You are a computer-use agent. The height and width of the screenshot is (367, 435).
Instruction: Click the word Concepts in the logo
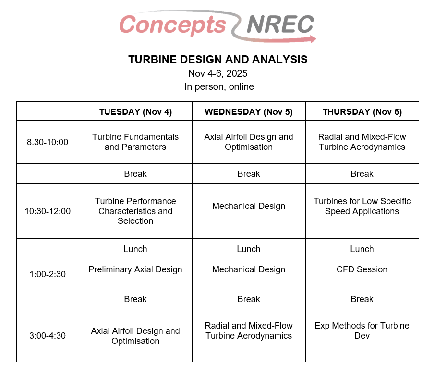(172, 24)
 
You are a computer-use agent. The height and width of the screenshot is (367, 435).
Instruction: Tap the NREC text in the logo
(280, 24)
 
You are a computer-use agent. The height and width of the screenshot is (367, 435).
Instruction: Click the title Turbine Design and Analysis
(218, 60)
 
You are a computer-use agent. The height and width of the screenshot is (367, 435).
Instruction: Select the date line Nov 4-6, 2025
(218, 73)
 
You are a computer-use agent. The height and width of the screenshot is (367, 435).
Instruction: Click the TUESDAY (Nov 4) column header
(135, 112)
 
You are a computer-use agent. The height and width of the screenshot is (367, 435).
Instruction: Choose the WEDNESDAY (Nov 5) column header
(249, 112)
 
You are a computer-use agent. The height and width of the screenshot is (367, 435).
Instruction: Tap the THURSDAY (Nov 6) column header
(362, 112)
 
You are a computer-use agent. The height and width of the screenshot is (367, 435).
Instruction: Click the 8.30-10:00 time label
(48, 142)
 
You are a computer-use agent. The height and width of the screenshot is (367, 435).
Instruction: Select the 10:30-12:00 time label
(48, 211)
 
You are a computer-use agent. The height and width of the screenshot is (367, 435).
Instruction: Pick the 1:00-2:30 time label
(48, 274)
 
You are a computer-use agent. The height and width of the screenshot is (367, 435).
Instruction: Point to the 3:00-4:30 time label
(48, 336)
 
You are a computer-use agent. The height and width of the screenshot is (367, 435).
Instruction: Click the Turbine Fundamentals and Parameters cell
(135, 142)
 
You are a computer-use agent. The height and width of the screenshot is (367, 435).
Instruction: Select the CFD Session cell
(362, 269)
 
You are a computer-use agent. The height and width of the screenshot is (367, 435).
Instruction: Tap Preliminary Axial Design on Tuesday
(135, 269)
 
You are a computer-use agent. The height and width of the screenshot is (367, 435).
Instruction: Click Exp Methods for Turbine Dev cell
(362, 330)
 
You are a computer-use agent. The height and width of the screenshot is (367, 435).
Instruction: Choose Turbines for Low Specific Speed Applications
(362, 206)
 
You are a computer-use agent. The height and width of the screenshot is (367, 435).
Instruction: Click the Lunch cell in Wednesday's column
(249, 249)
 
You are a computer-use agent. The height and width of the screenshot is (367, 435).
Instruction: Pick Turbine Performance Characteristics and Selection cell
(135, 211)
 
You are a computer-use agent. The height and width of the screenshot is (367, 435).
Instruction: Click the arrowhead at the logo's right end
(313, 39)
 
